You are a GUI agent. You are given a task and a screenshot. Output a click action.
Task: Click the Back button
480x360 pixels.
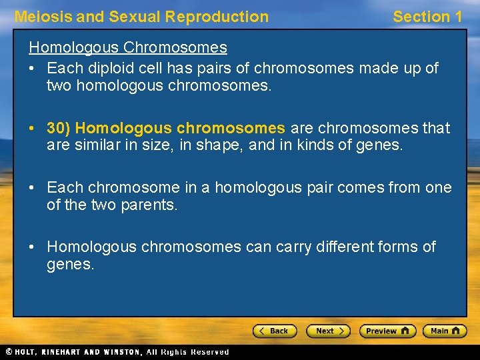click(x=274, y=331)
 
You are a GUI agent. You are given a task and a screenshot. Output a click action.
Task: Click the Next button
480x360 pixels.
click(x=328, y=331)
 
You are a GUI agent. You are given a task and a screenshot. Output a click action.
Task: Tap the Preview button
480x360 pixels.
click(x=387, y=331)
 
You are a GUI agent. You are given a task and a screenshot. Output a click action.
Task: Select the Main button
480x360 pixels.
click(x=445, y=331)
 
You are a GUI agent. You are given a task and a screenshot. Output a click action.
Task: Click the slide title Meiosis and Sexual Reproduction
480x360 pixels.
click(x=141, y=17)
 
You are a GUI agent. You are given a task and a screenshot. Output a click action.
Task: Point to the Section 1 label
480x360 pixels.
click(x=427, y=17)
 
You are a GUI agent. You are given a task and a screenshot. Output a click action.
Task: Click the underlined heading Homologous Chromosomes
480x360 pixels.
click(x=127, y=47)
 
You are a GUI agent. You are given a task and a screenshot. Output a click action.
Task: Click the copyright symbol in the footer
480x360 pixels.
click(x=9, y=351)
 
